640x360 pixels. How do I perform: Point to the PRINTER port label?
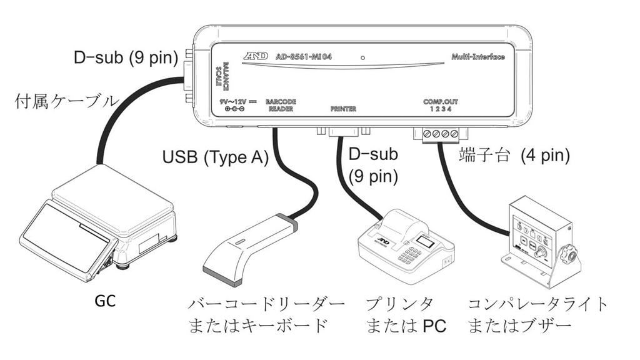tap(343, 109)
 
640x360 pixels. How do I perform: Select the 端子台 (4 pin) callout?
tap(514, 154)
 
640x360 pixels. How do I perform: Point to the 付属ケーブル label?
tap(66, 102)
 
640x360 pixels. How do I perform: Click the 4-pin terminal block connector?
tap(441, 133)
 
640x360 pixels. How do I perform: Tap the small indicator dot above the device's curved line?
tap(362, 57)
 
